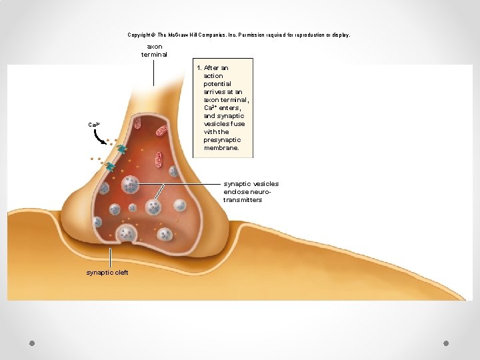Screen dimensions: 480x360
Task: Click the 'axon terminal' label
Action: tap(154, 51)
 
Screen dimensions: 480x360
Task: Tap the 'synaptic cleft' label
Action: tap(107, 273)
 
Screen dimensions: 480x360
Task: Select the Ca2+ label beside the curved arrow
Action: tap(94, 125)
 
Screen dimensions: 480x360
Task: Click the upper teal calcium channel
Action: tap(122, 149)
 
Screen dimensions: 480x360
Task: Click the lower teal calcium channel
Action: tap(110, 167)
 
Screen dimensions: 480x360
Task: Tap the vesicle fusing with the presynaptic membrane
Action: tap(126, 234)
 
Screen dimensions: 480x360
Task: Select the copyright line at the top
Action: tap(239, 35)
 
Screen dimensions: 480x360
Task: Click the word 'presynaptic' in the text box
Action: tap(222, 140)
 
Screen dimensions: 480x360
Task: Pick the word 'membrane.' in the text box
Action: tap(221, 148)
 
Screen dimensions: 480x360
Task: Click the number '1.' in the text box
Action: tap(199, 68)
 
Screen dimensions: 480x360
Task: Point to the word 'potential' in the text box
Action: tap(217, 84)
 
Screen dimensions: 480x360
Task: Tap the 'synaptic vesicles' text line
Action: tap(251, 184)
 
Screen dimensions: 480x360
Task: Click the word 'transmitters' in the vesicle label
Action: tap(243, 200)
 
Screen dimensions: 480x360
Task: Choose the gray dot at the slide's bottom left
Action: tap(32, 343)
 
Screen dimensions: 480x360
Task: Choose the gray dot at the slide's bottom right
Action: tap(446, 343)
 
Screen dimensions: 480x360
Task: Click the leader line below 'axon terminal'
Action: tap(154, 73)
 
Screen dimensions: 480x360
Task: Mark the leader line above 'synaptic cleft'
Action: tap(110, 258)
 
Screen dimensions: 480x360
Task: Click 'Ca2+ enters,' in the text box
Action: tap(223, 108)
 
